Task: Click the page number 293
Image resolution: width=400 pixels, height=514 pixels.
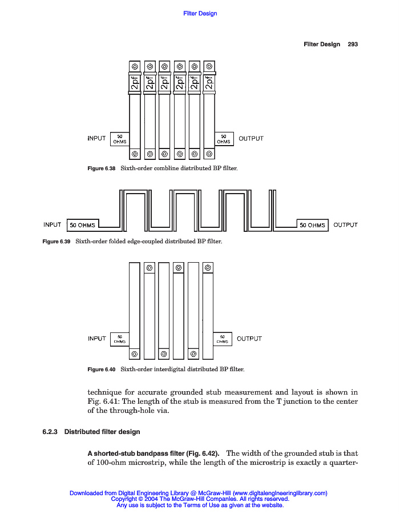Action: (353, 44)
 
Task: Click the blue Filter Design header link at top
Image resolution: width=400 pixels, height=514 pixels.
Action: (200, 13)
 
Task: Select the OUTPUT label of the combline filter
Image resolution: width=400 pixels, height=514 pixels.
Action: (251, 138)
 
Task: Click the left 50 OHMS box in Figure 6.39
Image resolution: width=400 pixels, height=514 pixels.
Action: (83, 225)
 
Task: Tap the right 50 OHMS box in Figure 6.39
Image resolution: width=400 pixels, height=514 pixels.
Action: (313, 225)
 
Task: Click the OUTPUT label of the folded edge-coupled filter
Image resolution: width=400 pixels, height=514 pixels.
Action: (345, 224)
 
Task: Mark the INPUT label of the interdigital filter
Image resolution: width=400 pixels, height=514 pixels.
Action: (97, 339)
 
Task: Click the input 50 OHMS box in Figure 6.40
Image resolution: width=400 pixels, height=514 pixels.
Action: (119, 339)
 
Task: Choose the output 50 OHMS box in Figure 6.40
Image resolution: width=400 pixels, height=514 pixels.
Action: (223, 339)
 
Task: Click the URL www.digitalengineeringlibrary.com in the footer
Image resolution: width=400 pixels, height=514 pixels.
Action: (280, 493)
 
